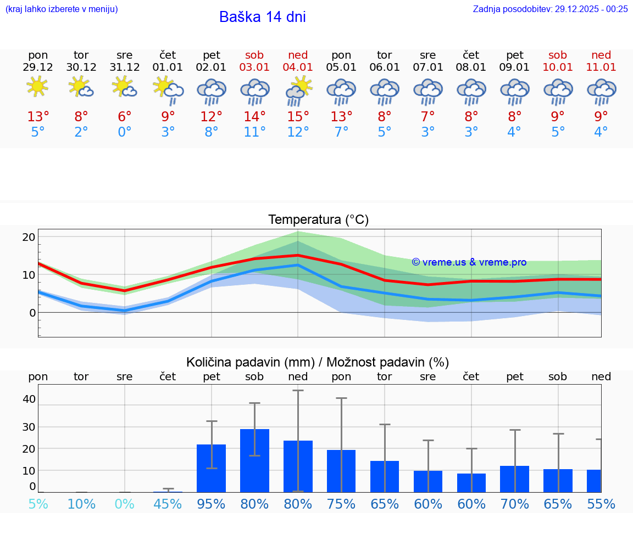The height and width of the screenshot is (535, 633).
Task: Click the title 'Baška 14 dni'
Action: pos(262,17)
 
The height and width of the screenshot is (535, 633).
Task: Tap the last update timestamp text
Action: pos(550,9)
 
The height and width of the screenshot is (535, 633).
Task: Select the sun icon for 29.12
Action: pos(37,87)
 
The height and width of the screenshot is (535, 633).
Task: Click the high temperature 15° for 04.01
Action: pos(298,117)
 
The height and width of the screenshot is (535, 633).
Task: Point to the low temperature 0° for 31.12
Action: pos(125,132)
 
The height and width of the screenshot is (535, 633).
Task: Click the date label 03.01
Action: pos(254,67)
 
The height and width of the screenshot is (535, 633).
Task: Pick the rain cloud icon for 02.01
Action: pos(212,91)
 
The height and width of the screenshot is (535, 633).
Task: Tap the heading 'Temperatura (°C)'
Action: pos(318,220)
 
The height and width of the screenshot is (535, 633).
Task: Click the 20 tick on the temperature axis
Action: pos(29,237)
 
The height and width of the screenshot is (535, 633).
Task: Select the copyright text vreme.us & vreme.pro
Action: pos(469,262)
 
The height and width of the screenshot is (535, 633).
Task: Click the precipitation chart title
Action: pos(318,362)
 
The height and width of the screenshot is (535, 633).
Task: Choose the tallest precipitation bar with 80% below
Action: pos(254,460)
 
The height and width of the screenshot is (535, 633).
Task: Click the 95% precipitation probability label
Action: pos(212,504)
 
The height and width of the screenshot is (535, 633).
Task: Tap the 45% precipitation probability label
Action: pos(168,504)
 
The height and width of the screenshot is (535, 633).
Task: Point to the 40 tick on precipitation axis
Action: pos(29,399)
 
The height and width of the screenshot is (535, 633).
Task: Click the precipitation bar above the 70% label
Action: pos(515,479)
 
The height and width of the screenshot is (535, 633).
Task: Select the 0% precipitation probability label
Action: pos(125,504)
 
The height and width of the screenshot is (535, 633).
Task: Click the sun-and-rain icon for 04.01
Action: pos(298,91)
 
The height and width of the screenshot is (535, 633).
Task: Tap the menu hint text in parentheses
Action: pos(62,9)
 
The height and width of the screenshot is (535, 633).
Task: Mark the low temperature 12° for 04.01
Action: pos(298,132)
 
